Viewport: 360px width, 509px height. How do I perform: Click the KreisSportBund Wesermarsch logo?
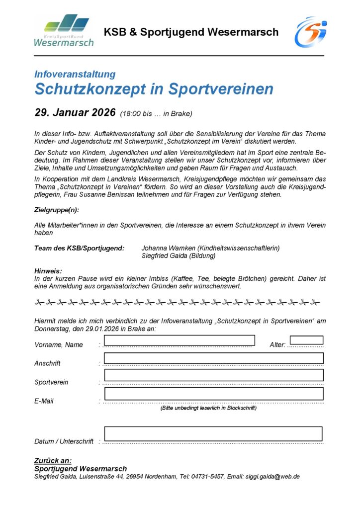click(63, 31)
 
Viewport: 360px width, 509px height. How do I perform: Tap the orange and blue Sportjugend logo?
click(310, 32)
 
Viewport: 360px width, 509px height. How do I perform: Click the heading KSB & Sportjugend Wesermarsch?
click(191, 32)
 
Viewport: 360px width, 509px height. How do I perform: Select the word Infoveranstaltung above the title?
click(75, 75)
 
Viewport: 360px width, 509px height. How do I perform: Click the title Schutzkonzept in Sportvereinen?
click(154, 89)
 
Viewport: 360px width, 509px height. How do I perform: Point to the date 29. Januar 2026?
click(75, 112)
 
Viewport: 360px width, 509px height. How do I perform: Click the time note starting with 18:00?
click(156, 113)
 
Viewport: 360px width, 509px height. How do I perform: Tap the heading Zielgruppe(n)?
click(57, 210)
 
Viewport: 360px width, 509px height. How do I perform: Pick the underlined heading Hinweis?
click(48, 271)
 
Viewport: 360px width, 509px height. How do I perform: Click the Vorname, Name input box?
click(179, 340)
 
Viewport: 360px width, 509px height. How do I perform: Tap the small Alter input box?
click(306, 340)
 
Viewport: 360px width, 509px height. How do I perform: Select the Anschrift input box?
click(214, 358)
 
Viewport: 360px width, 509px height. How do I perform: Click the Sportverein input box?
click(214, 375)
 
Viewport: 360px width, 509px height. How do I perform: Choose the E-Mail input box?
click(214, 394)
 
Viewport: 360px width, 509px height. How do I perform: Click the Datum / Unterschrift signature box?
click(213, 433)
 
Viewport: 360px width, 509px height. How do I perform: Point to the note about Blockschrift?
click(208, 408)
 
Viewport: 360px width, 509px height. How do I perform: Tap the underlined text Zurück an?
click(53, 461)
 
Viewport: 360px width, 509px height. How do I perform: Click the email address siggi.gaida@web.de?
click(272, 477)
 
